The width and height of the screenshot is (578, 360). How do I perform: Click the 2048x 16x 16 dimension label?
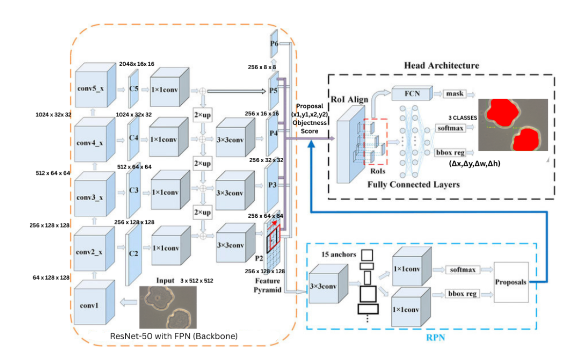(136, 64)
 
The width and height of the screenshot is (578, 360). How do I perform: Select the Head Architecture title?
(442, 65)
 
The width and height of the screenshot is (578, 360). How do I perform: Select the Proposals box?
(510, 282)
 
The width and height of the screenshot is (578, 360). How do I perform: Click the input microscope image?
(168, 307)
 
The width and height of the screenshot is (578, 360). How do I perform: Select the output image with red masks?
(513, 125)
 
